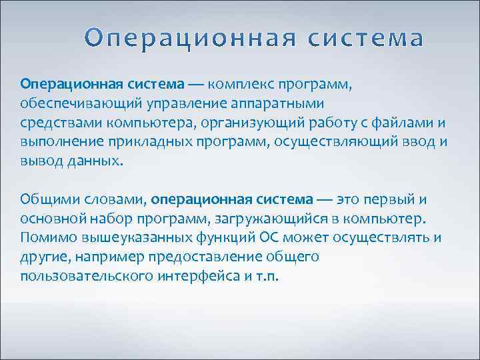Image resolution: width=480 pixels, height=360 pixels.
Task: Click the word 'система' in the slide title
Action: tap(367, 39)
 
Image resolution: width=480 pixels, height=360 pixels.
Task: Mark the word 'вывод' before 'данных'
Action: tap(41, 162)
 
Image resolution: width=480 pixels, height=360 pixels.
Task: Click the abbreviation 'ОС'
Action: tap(250, 238)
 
